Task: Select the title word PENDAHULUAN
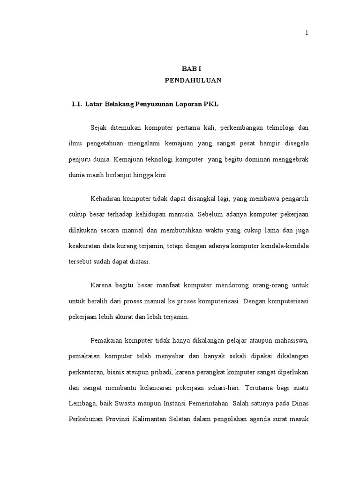(193, 81)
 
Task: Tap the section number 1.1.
(76, 105)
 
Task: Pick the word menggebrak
(288, 159)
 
